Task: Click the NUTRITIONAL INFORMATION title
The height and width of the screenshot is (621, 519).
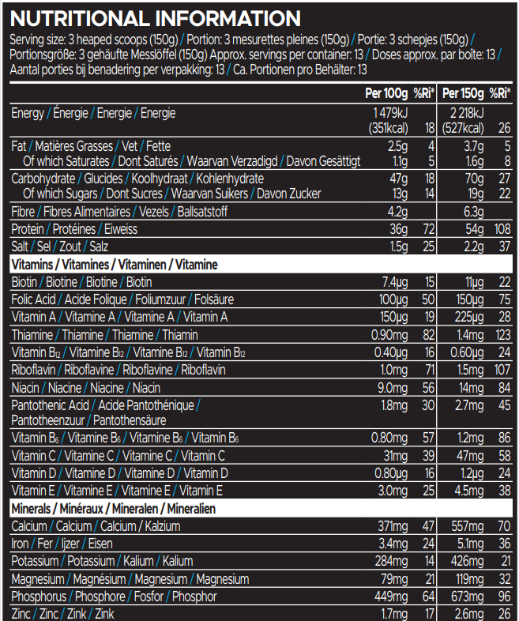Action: point(155,18)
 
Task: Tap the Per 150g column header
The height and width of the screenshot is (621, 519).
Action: point(462,93)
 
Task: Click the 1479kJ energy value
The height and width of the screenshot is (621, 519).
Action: point(389,114)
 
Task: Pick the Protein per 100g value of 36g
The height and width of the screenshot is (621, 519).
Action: point(397,229)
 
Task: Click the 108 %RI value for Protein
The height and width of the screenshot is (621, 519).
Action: point(501,229)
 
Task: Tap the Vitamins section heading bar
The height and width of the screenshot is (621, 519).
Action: point(260,264)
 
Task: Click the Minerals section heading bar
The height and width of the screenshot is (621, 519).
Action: point(260,509)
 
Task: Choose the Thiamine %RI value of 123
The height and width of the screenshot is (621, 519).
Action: point(501,334)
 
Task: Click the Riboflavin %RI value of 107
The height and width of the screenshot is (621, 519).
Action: point(501,370)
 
